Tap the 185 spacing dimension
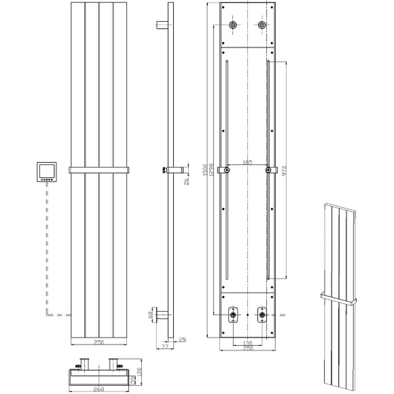(248, 163)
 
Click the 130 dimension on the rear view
(249, 343)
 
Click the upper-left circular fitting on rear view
(234, 26)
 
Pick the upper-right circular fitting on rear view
(263, 26)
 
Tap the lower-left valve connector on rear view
(234, 315)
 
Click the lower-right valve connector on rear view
(262, 315)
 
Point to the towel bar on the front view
(98, 168)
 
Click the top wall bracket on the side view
(162, 26)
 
